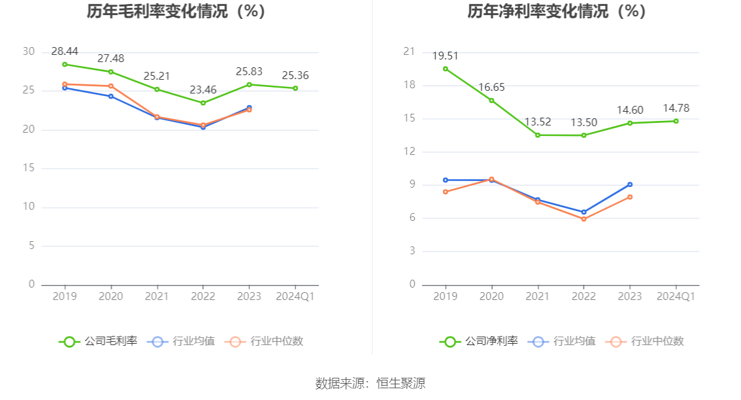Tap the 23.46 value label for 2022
[203, 90]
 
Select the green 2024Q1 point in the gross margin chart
[295, 88]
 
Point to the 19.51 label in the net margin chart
[446, 56]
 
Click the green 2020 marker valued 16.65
[491, 101]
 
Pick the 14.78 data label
[676, 108]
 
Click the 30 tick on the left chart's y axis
[29, 52]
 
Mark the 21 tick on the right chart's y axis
[410, 52]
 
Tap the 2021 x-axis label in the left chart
[157, 296]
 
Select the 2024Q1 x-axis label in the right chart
[676, 296]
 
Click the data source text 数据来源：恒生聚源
[370, 383]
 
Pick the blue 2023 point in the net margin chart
[630, 184]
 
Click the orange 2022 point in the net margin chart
[584, 219]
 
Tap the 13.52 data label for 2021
[538, 122]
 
